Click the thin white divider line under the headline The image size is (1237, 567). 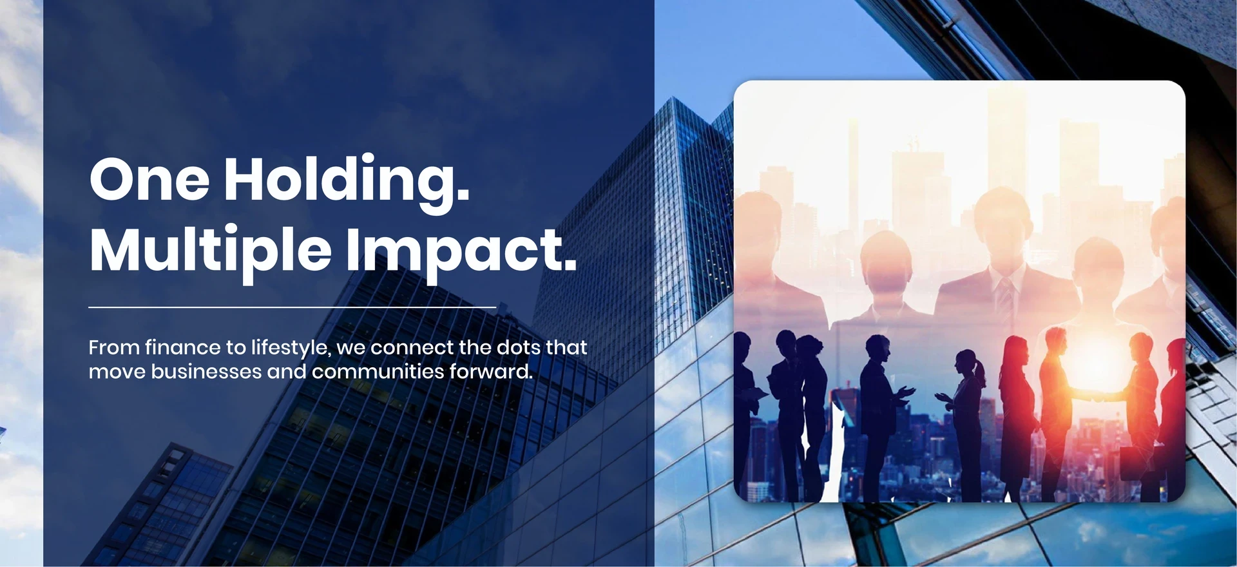(292, 307)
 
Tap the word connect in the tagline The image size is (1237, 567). (412, 348)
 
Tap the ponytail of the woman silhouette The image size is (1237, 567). (980, 371)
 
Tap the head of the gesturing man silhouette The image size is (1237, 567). (876, 349)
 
